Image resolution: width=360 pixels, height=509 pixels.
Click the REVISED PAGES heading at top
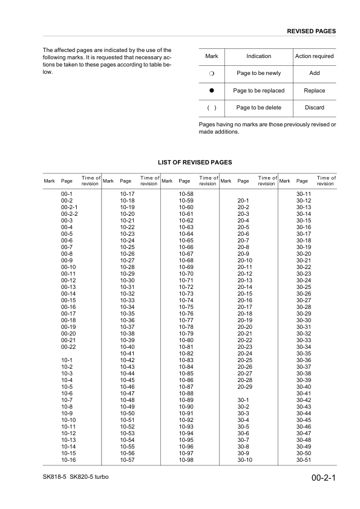[x=312, y=31]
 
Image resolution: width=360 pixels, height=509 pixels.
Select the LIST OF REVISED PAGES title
[x=195, y=163]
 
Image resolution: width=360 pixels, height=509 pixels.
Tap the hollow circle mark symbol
[x=212, y=73]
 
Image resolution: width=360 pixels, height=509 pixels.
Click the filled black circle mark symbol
[x=212, y=91]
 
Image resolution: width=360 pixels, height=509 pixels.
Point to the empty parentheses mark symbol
[x=212, y=108]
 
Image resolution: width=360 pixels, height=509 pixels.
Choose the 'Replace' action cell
[x=314, y=91]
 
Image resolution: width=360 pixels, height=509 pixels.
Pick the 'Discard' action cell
[x=314, y=108]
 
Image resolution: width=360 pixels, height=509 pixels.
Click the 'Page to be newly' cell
[x=258, y=73]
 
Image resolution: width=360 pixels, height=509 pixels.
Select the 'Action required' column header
[x=314, y=56]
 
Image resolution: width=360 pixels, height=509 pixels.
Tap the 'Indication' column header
[x=258, y=56]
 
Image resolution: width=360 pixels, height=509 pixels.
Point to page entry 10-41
[x=127, y=353]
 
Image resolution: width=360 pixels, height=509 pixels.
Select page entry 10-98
[x=186, y=460]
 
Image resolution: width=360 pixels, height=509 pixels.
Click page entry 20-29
[x=244, y=386]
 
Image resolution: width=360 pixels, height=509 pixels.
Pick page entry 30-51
[x=303, y=460]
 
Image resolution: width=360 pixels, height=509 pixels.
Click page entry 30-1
[x=244, y=400]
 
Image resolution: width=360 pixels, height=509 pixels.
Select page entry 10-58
[x=186, y=193]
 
